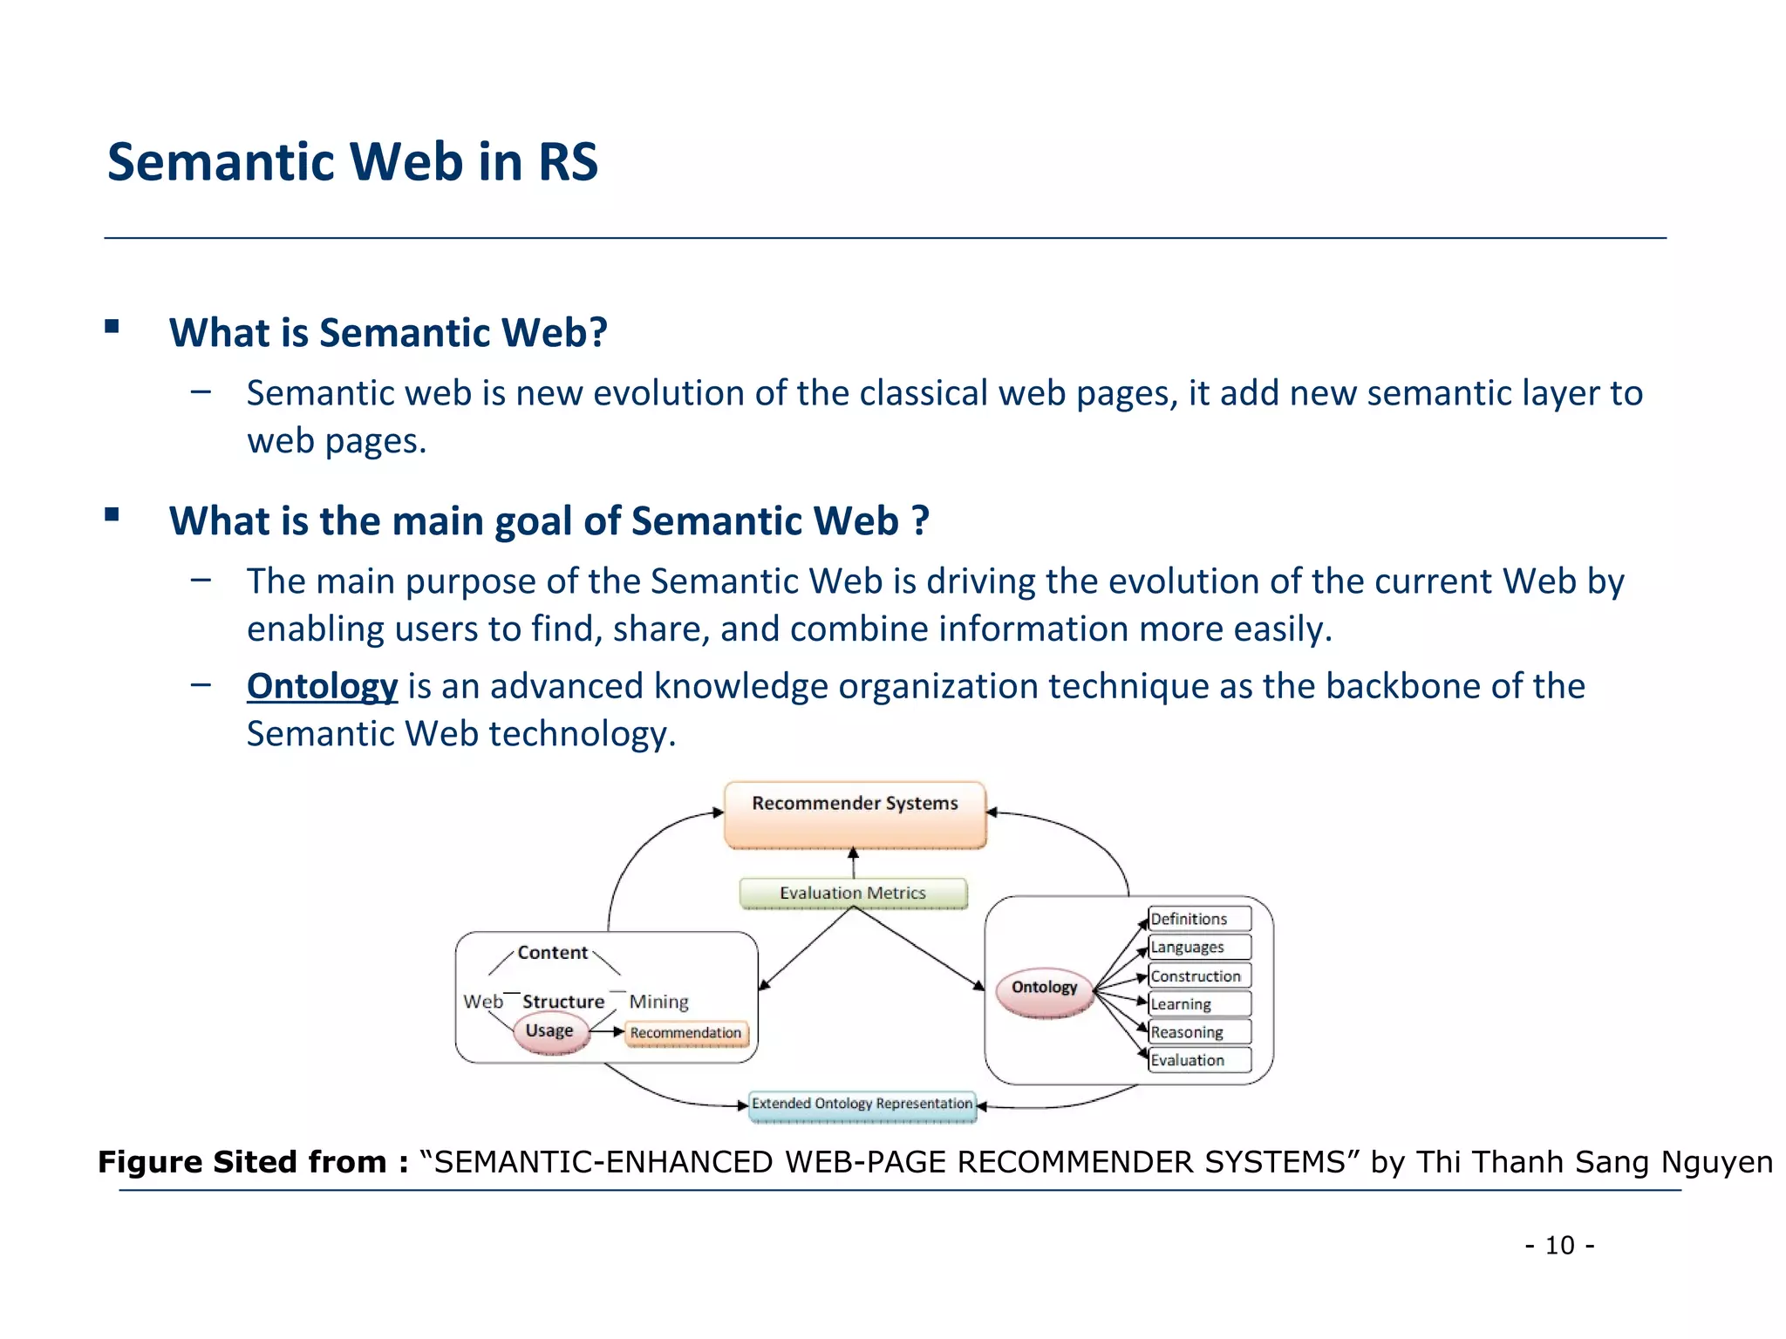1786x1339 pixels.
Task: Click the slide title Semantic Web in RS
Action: click(352, 162)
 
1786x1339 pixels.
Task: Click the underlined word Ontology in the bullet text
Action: click(322, 686)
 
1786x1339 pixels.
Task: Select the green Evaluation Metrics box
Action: click(853, 893)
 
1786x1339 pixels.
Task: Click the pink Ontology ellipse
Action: click(1044, 989)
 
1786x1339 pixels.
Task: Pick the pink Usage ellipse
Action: click(549, 1032)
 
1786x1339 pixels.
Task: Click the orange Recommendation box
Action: click(686, 1033)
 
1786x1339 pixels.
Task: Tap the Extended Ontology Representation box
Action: click(862, 1105)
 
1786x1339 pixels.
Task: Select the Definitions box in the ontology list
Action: click(1198, 919)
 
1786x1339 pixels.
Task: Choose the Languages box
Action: click(1198, 947)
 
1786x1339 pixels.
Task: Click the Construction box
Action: click(1198, 976)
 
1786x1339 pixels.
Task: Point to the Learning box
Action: click(1198, 1004)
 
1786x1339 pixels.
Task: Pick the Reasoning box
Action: click(1198, 1032)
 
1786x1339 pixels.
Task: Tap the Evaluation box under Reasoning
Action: click(1198, 1060)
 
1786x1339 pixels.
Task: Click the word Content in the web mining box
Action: click(552, 953)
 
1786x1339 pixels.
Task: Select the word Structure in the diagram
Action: click(562, 1002)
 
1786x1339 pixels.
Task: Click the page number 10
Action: click(1559, 1245)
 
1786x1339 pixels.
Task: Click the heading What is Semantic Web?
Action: click(388, 333)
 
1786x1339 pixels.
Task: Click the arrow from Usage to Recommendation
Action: click(608, 1032)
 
